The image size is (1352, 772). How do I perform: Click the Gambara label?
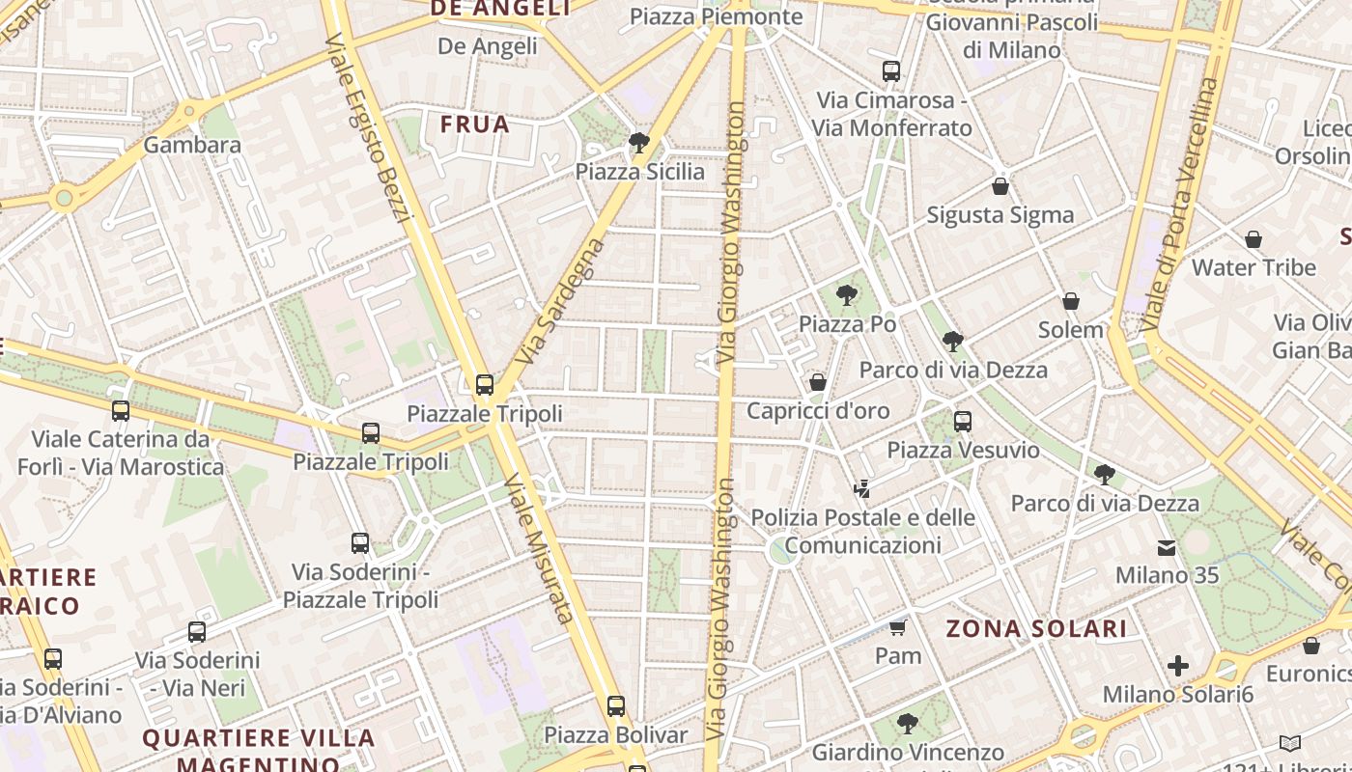tap(192, 145)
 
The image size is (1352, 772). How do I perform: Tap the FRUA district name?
tap(475, 124)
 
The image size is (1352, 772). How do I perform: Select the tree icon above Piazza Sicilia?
tap(638, 144)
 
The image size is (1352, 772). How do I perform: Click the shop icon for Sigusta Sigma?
tap(1000, 186)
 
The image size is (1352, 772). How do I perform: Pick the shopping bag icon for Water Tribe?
tap(1253, 239)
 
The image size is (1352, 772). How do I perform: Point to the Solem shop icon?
tap(1070, 302)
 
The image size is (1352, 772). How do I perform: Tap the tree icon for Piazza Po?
tap(847, 295)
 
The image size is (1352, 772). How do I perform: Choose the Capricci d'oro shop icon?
tap(818, 383)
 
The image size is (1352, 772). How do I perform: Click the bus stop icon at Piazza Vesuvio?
tap(963, 422)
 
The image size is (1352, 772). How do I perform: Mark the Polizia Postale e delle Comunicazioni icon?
tap(862, 489)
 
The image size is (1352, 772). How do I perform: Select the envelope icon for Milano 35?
tap(1167, 548)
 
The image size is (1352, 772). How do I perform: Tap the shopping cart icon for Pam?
tap(897, 628)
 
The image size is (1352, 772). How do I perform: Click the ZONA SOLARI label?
tap(1036, 629)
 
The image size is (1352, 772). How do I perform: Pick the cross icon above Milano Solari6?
tap(1177, 666)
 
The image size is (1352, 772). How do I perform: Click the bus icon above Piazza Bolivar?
tap(616, 706)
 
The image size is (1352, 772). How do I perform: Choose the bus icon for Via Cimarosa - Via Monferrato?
tap(891, 71)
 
